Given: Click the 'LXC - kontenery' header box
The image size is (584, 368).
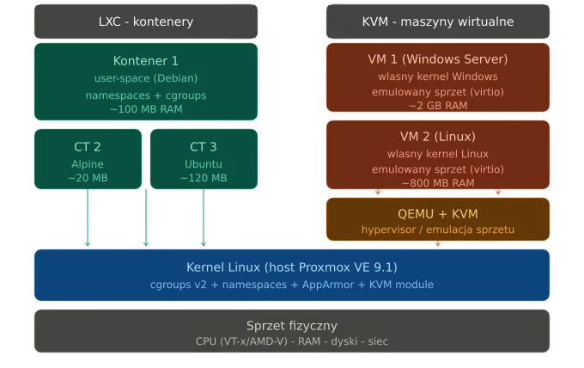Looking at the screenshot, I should pos(146,21).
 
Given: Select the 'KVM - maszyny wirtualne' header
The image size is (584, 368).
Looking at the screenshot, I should pos(437,21).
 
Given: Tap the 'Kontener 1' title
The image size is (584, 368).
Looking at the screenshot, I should pos(146,61).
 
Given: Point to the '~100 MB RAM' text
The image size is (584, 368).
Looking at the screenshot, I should pos(146,109).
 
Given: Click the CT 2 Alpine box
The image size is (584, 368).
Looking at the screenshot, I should pos(88,159).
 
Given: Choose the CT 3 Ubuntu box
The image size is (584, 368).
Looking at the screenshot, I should pos(204,159).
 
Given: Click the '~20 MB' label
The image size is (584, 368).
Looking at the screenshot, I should pos(88,178).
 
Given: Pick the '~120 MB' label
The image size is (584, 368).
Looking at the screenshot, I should pos(204,178).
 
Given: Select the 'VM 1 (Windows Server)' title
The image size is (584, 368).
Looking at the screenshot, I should pos(437,60).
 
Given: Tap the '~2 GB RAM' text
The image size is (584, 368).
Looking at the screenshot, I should pos(437,106).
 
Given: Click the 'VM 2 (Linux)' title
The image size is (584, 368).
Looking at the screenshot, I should pos(437,137).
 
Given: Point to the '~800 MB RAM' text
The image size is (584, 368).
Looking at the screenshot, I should pos(437,183).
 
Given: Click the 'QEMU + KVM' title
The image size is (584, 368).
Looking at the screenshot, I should pos(437,213).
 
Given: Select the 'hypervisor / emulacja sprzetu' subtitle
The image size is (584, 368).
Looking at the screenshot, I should pos(437,230).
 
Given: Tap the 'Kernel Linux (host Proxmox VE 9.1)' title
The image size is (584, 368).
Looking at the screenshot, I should pos(292,267).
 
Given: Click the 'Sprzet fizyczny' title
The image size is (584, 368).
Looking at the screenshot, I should pos(292,326).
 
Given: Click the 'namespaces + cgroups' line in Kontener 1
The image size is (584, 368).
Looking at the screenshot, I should pos(146,95).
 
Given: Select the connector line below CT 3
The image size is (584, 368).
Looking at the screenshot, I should pos(204,219).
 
